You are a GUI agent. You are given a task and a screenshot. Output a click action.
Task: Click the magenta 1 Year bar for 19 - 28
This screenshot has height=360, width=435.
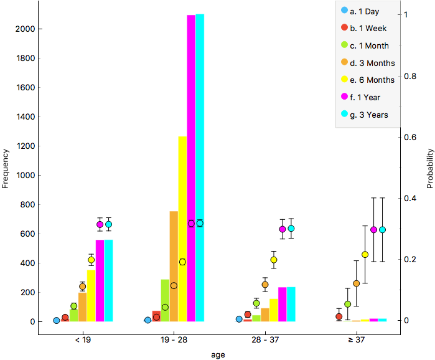point(191,168)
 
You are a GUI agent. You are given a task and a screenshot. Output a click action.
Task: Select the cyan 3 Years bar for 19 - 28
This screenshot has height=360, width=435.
point(200,168)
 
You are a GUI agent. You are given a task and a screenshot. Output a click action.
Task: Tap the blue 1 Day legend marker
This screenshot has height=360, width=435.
point(344,11)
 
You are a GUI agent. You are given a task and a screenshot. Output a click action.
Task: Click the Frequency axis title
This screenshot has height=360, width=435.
point(6,168)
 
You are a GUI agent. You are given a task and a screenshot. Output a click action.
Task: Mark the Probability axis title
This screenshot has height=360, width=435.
point(429,168)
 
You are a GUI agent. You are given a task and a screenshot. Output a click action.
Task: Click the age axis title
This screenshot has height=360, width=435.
point(217,354)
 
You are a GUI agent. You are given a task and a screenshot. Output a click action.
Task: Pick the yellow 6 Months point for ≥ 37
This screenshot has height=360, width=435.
point(365,254)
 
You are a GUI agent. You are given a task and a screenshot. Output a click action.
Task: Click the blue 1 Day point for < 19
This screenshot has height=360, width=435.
point(57,321)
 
